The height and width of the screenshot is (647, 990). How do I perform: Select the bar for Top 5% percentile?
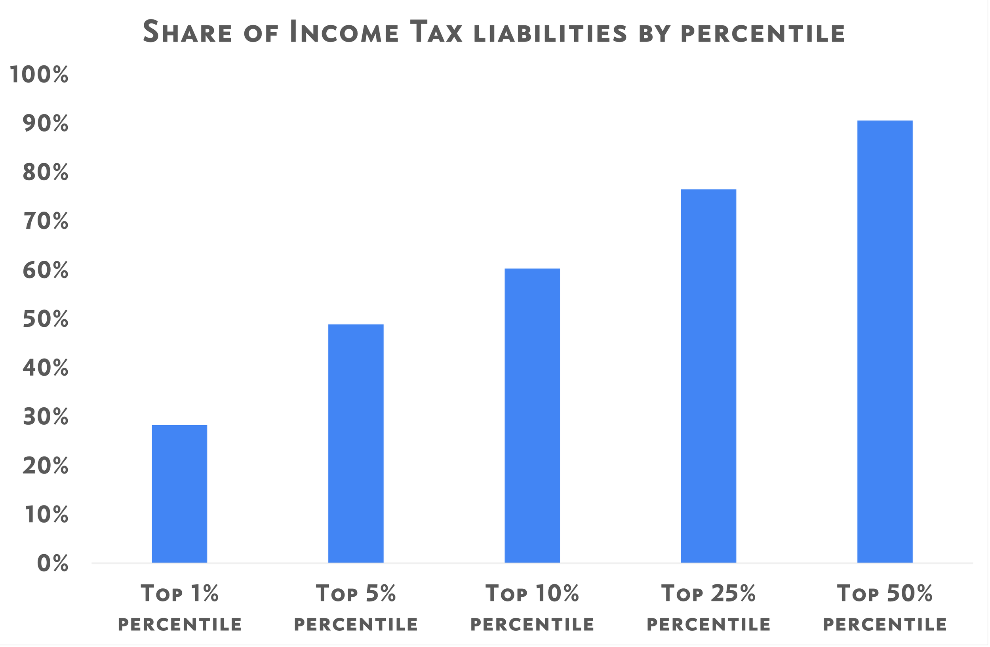click(356, 443)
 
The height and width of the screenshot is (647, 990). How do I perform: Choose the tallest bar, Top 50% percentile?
click(885, 341)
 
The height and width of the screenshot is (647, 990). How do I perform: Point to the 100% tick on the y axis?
click(39, 75)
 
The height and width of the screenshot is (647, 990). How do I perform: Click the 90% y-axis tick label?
click(45, 124)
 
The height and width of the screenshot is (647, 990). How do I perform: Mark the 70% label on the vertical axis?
click(45, 222)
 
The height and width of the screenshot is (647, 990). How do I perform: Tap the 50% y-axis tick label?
click(45, 320)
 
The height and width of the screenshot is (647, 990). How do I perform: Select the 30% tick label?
click(45, 417)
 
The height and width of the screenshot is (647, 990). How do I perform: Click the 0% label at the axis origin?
click(52, 564)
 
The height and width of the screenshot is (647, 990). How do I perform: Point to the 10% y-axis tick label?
click(46, 515)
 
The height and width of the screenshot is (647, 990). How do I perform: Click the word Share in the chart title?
click(187, 32)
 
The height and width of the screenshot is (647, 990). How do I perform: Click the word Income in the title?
click(344, 32)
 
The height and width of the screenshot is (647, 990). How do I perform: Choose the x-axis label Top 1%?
click(180, 594)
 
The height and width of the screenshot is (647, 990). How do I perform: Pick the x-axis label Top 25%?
click(708, 594)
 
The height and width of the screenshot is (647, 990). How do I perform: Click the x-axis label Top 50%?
click(885, 594)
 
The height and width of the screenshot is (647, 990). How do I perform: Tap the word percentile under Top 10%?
click(532, 624)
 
